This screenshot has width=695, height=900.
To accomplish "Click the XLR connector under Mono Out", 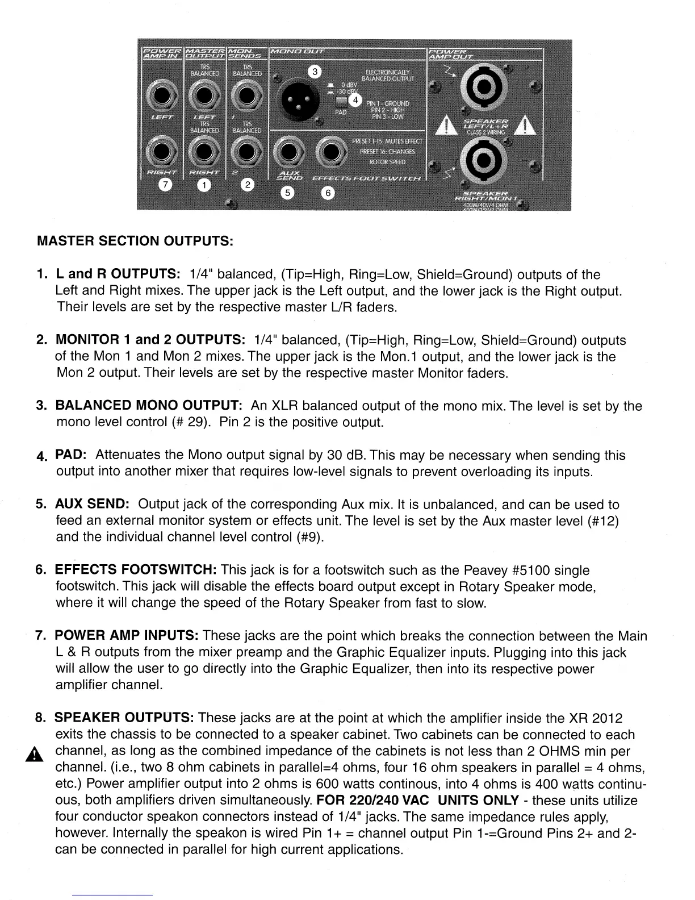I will pos(294,98).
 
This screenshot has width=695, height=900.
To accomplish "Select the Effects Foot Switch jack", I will pos(329,152).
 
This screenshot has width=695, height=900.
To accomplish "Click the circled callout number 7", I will pos(165,185).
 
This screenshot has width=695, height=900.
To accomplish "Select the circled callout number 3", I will pos(314,72).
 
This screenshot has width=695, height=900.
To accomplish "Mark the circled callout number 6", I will pos(328,193).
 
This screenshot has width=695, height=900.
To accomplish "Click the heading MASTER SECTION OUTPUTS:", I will pos(135,241).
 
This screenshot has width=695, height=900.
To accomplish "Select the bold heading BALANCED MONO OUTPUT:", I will pos(149,406).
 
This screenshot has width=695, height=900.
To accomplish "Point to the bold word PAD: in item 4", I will pos(70,456).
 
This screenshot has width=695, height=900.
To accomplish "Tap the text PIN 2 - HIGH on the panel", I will pos(388,110).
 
